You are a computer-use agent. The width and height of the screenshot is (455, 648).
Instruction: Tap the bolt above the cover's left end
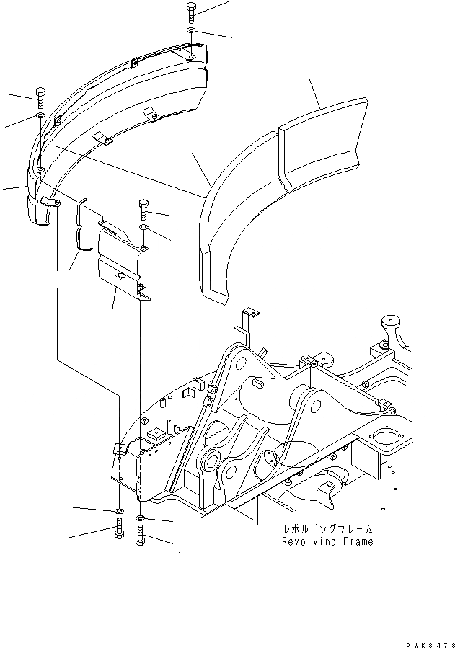[x=40, y=96]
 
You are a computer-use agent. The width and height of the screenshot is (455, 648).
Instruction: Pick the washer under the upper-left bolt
[x=40, y=115]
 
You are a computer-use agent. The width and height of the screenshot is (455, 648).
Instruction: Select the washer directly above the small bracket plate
[x=143, y=228]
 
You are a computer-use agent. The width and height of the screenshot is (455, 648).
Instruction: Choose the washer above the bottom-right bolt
[x=141, y=518]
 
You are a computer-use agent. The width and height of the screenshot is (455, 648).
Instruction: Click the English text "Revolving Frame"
[x=327, y=541]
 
